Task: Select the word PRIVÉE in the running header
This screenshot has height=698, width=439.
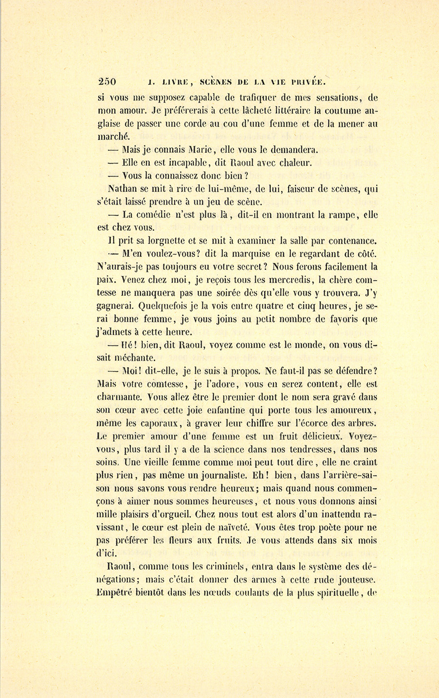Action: [307, 82]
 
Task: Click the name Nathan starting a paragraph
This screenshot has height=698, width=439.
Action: [121, 187]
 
